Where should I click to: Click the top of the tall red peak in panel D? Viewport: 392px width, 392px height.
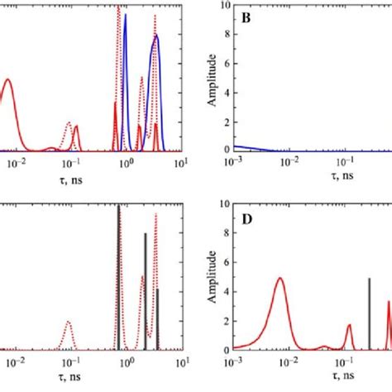coord(280,279)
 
